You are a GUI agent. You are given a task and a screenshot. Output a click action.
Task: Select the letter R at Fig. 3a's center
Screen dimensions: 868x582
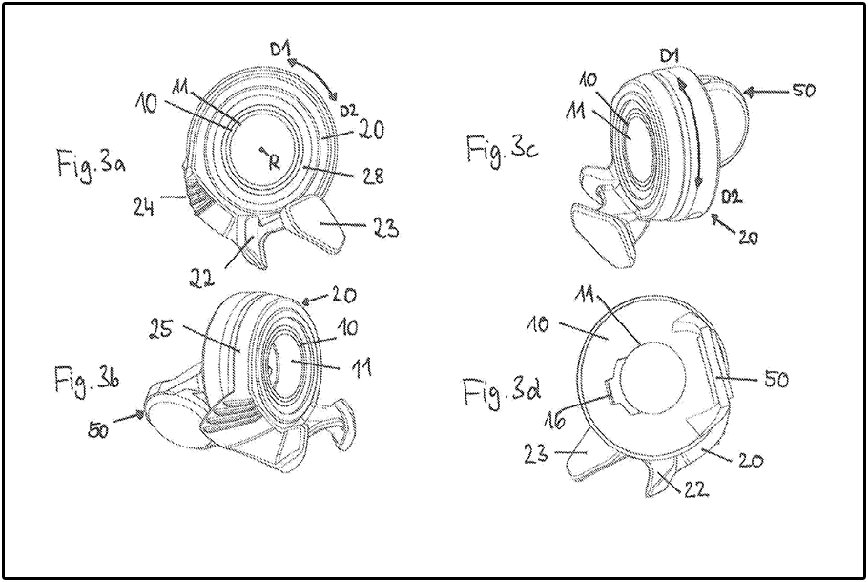[x=274, y=161]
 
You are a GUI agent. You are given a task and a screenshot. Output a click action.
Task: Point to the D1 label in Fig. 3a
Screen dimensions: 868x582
[x=280, y=51]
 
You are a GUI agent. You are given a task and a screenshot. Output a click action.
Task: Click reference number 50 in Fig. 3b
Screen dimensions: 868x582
[x=99, y=430]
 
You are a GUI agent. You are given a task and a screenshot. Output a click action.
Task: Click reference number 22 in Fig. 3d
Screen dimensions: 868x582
[x=696, y=488]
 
